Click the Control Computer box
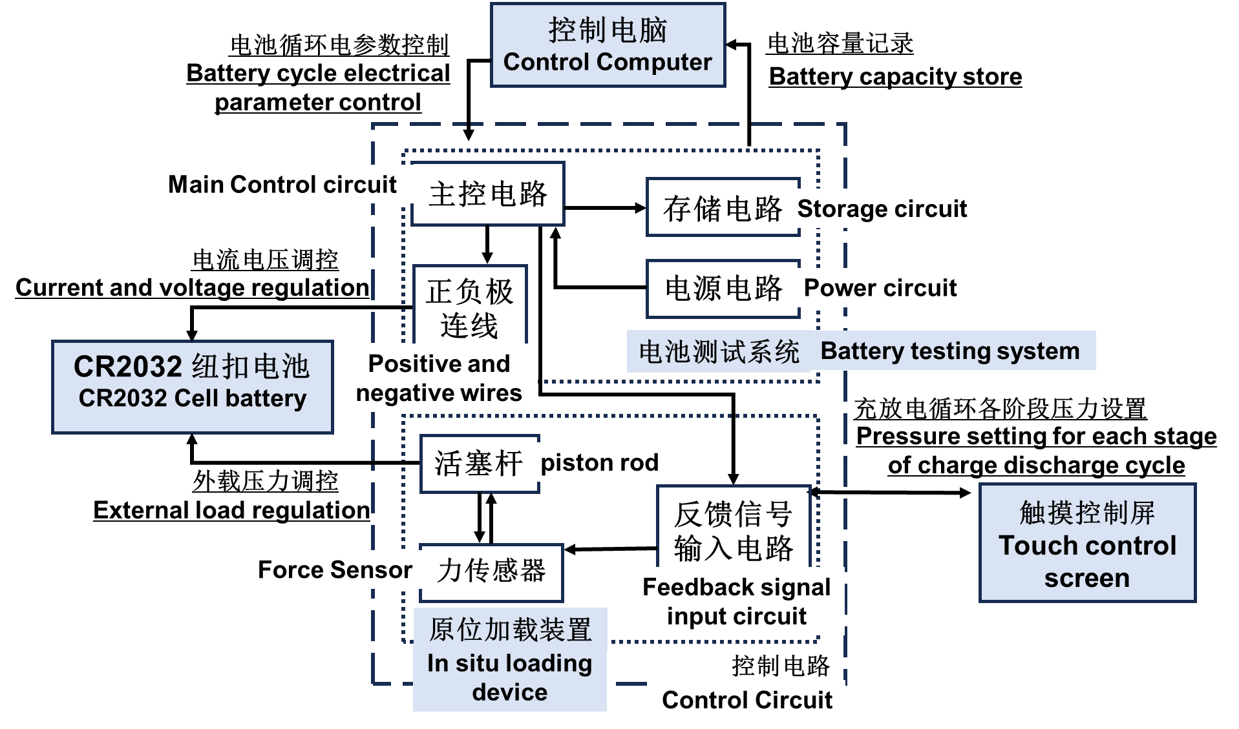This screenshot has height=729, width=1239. click(608, 45)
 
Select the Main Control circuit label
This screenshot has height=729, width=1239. click(282, 185)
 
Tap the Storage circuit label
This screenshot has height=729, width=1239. click(882, 209)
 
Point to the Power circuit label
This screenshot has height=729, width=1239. click(880, 288)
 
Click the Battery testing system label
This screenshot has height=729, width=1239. click(950, 351)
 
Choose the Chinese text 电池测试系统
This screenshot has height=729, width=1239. click(719, 352)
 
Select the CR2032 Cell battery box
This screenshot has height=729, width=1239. click(193, 387)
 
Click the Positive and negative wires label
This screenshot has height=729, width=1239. click(439, 378)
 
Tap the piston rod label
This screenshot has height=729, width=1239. click(599, 462)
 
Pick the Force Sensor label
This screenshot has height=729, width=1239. click(335, 570)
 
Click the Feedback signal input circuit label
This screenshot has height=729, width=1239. click(736, 601)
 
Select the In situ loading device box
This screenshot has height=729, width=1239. click(509, 659)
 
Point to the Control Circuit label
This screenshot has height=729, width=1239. click(747, 700)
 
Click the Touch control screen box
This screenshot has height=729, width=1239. click(1087, 543)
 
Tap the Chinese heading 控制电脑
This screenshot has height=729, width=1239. click(608, 30)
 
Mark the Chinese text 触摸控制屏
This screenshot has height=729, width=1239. click(1087, 513)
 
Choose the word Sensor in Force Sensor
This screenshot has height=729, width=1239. click(371, 570)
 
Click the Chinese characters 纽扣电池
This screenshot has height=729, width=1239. click(251, 366)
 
